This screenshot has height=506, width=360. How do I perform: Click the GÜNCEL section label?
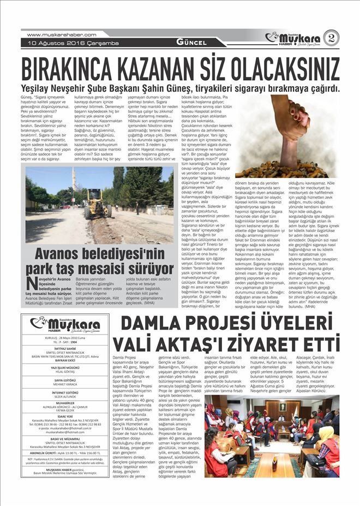(x=191, y=43)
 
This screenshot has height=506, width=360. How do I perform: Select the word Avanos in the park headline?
(x=63, y=254)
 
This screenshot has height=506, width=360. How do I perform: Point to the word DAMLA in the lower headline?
(x=149, y=327)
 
